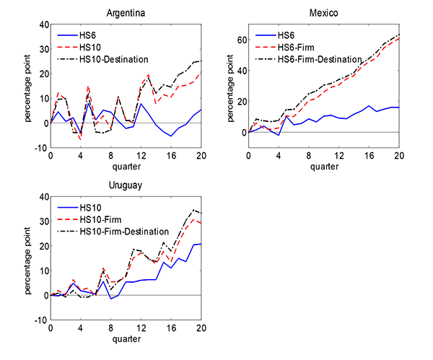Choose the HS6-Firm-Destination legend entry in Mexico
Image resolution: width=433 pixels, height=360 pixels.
(320, 58)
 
